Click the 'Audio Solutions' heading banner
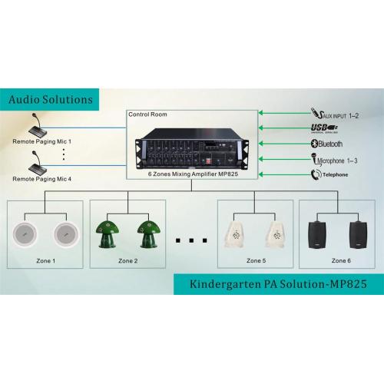pos(49,100)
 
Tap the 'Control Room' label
pos(147,114)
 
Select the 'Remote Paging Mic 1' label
pos(42,141)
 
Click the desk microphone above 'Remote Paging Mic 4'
pos(37,162)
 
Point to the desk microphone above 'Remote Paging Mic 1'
pos(37,124)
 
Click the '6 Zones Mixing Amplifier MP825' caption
pos(193,174)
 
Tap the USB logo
pos(324,128)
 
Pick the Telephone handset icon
pos(316,174)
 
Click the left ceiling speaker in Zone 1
pos(25,234)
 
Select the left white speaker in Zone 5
pos(235,235)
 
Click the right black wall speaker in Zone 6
pos(358,235)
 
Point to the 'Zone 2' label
pos(128,261)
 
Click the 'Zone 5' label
pos(256,260)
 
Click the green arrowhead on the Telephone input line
pos(261,174)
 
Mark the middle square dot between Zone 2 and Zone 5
pos(191,240)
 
